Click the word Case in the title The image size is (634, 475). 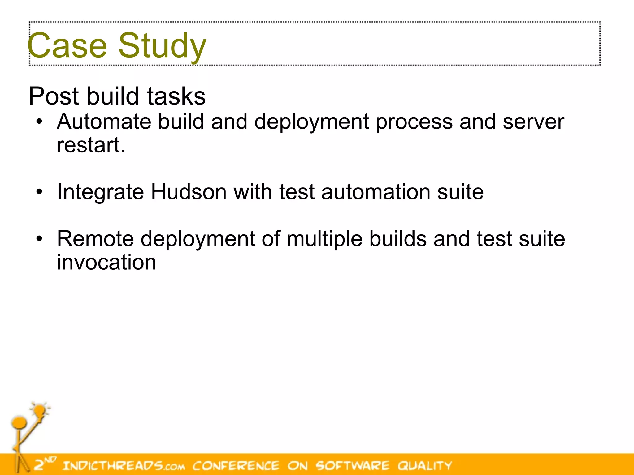67,45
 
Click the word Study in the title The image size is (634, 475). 162,46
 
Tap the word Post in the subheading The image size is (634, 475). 53,96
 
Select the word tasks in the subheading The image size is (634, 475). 176,96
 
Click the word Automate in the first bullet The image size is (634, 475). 104,122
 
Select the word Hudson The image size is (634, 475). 189,192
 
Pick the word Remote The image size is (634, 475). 95,239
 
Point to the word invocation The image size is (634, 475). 106,262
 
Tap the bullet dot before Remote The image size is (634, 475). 39,239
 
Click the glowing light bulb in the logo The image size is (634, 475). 40,411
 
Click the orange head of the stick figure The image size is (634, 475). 19,422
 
